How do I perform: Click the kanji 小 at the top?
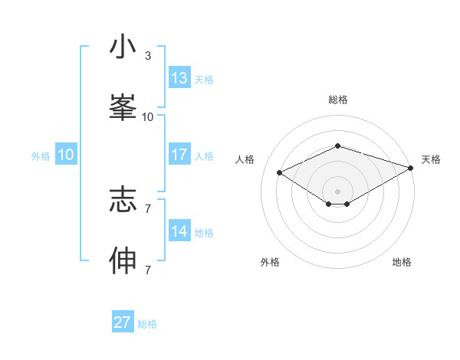(123, 47)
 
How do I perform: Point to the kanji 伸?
(123, 260)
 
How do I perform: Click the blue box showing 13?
(179, 78)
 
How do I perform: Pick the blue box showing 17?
(179, 155)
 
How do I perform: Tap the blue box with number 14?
(179, 231)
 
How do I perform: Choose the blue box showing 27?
(123, 322)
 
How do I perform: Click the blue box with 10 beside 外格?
(66, 155)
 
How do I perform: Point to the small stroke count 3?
(148, 56)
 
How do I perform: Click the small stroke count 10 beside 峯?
(148, 117)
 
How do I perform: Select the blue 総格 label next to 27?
(148, 324)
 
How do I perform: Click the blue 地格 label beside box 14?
(205, 233)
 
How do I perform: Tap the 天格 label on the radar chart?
(431, 159)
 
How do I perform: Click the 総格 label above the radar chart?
(337, 100)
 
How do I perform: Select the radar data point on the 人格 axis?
(280, 172)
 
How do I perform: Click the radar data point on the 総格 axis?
(337, 145)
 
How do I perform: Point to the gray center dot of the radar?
(337, 191)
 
